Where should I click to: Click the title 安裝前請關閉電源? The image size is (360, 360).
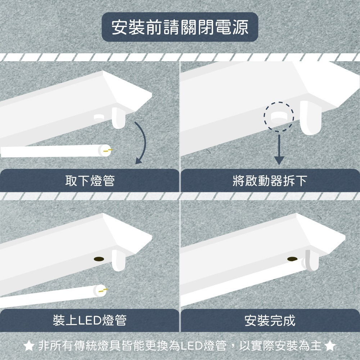(180, 28)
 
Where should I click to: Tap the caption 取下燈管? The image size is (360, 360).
(90, 180)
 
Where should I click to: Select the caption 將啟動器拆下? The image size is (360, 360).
(270, 180)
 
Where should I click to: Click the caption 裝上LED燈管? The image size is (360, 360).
(90, 320)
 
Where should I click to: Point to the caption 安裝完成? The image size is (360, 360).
(270, 320)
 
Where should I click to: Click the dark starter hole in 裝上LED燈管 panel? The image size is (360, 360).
(98, 258)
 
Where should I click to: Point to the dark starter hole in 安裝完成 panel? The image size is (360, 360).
(292, 258)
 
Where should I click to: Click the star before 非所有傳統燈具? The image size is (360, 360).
(29, 346)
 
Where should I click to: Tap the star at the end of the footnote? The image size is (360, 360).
(330, 346)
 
